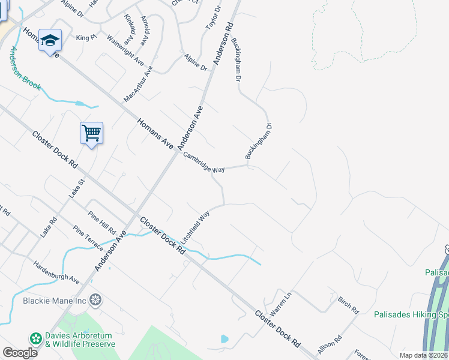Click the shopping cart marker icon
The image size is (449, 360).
point(91,133)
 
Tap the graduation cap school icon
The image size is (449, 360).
point(50,40)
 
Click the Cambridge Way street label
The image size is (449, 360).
point(204,161)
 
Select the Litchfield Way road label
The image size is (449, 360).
point(196,226)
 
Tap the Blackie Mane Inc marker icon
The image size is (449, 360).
point(95,299)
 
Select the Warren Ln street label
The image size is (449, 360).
point(280,304)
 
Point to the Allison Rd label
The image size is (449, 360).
point(330,347)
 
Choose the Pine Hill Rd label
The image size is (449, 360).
point(101,221)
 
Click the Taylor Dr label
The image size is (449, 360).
point(213,18)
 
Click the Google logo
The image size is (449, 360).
point(20,353)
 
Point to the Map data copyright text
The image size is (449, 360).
point(423,355)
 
